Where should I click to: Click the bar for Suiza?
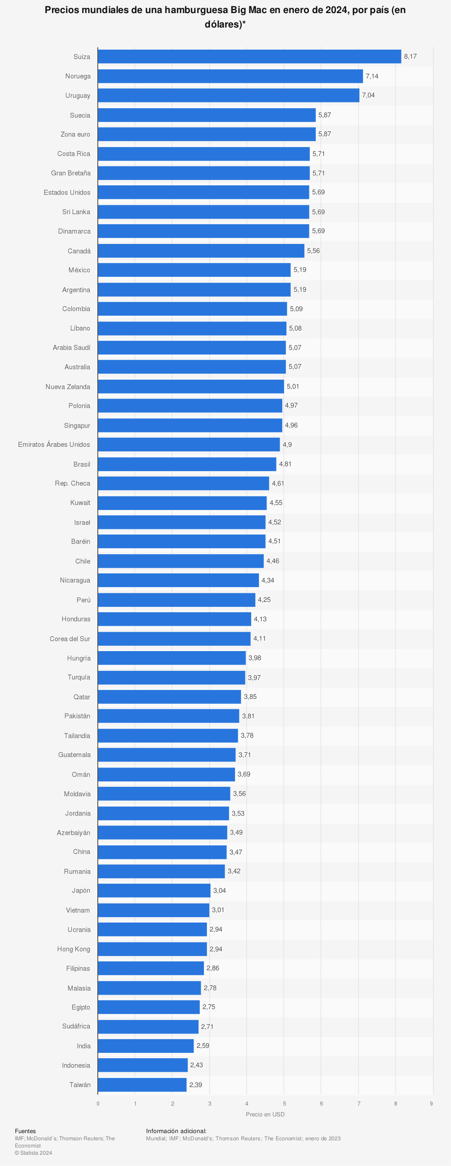(x=249, y=56)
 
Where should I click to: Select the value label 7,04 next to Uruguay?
(x=368, y=95)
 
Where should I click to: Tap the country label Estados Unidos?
(x=67, y=193)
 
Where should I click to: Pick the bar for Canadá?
(x=201, y=251)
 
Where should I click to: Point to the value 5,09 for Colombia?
(x=296, y=309)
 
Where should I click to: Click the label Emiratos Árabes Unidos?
(x=54, y=445)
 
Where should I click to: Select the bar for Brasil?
(x=187, y=464)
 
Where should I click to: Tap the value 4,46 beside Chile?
(x=272, y=561)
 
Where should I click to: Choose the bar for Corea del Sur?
(x=174, y=638)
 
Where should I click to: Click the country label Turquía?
(x=79, y=677)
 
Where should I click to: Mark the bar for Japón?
(x=154, y=891)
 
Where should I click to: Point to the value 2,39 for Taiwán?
(x=196, y=1084)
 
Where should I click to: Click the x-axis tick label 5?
(x=285, y=1103)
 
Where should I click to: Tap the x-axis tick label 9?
(x=431, y=1103)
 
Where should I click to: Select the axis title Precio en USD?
(x=265, y=1115)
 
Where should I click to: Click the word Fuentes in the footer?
(x=25, y=1131)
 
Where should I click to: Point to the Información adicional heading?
(x=176, y=1131)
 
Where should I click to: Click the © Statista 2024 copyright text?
(x=33, y=1153)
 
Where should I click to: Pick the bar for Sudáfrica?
(x=148, y=1027)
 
